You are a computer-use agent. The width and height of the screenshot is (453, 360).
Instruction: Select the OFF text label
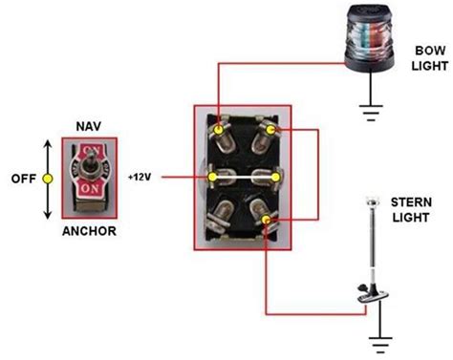(23, 177)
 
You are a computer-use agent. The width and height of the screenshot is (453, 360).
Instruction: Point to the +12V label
(140, 177)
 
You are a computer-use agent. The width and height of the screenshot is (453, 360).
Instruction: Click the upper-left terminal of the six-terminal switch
(221, 127)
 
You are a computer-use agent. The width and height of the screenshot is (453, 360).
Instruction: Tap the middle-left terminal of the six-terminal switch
(220, 177)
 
